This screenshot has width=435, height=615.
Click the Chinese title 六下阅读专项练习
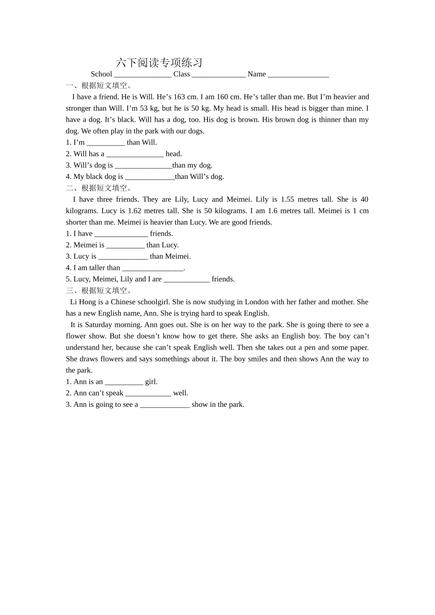(x=159, y=62)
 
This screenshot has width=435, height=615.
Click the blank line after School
(x=142, y=75)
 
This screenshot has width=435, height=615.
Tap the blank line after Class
(x=218, y=75)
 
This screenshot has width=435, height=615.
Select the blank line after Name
(x=298, y=75)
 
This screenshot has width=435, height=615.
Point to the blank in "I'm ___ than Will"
(x=105, y=143)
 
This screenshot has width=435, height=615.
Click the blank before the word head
(x=135, y=154)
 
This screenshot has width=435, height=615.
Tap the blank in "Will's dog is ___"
(x=143, y=166)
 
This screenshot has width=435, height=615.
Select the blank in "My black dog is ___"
(x=150, y=177)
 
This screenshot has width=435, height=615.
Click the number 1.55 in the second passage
(x=287, y=200)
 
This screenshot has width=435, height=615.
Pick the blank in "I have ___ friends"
(x=121, y=234)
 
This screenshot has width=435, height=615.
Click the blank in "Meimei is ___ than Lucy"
(x=125, y=245)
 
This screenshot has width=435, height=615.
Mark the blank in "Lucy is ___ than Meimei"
(x=123, y=257)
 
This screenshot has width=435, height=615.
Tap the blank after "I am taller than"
(x=152, y=268)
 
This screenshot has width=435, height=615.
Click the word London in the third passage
(x=256, y=302)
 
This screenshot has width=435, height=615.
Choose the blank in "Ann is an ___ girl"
(x=124, y=382)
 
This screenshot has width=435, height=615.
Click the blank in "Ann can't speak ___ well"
(x=148, y=394)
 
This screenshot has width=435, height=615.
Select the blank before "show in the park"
(x=164, y=405)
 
